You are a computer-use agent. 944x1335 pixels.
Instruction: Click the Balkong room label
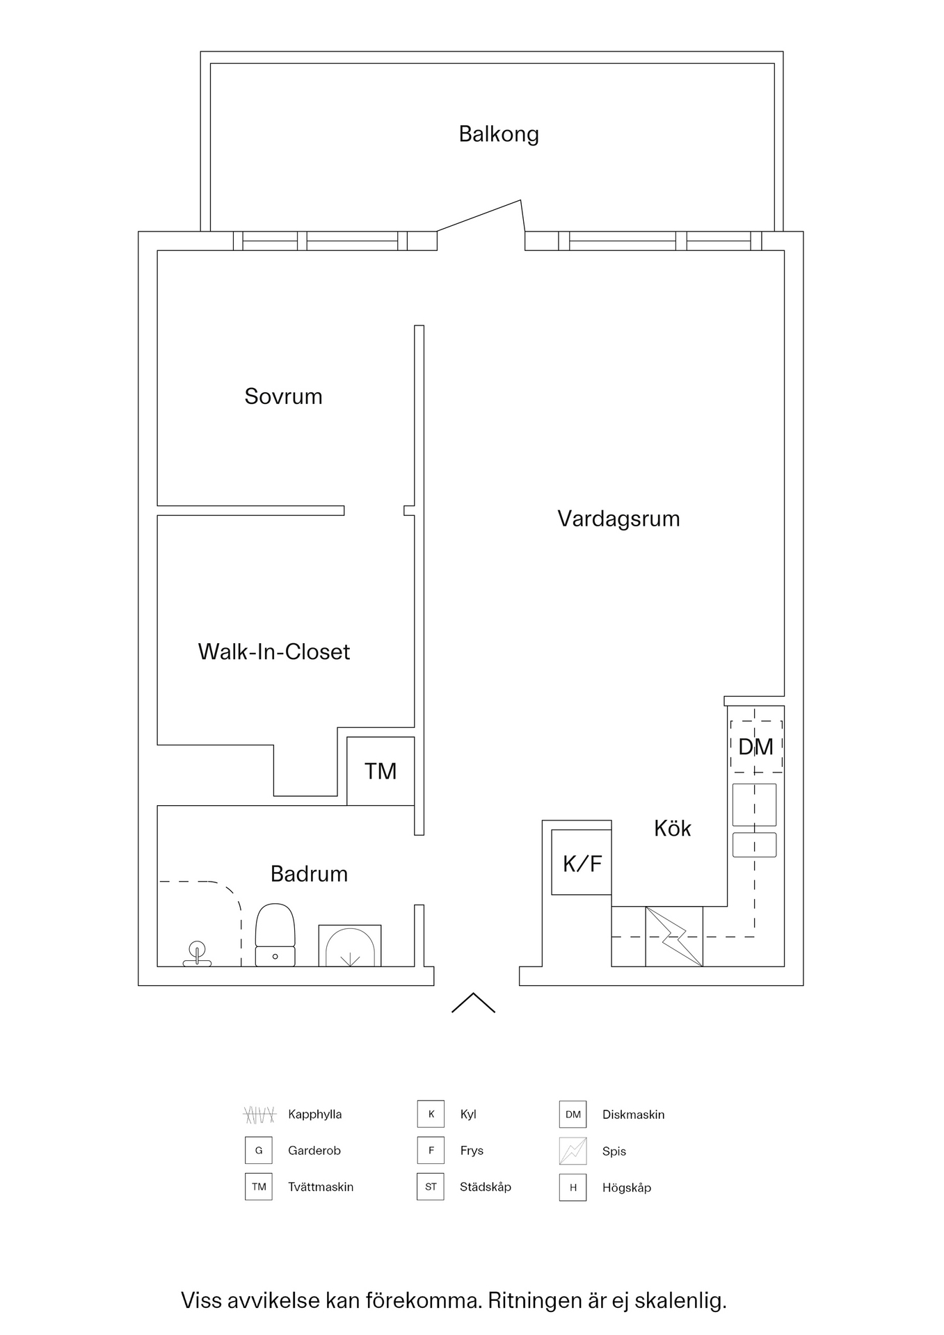[x=499, y=134]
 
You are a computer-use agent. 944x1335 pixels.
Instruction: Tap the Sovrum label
[x=283, y=396]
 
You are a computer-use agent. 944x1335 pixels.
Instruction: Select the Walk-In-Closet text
[x=274, y=652]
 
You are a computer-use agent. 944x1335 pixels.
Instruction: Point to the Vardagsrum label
[x=618, y=519]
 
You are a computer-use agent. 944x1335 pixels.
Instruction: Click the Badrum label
[x=309, y=874]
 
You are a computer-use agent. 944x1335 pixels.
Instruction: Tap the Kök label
[x=672, y=828]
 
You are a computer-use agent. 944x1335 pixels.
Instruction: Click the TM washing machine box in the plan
[x=381, y=771]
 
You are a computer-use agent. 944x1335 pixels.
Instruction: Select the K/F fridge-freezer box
[x=582, y=863]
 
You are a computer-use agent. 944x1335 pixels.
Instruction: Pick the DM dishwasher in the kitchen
[x=755, y=747]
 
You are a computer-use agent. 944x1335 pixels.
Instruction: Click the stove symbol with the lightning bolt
[x=673, y=937]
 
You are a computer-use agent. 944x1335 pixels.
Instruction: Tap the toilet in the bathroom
[x=275, y=935]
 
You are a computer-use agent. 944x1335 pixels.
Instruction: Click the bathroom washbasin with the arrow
[x=350, y=947]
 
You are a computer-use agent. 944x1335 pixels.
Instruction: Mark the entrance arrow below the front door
[x=473, y=1003]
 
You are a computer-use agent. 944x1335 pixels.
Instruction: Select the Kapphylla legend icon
[x=259, y=1115]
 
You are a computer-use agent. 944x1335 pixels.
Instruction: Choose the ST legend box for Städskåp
[x=431, y=1187]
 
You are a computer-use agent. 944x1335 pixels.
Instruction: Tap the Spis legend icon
[x=573, y=1151]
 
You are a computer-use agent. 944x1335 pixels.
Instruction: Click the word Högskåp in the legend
[x=626, y=1188]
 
